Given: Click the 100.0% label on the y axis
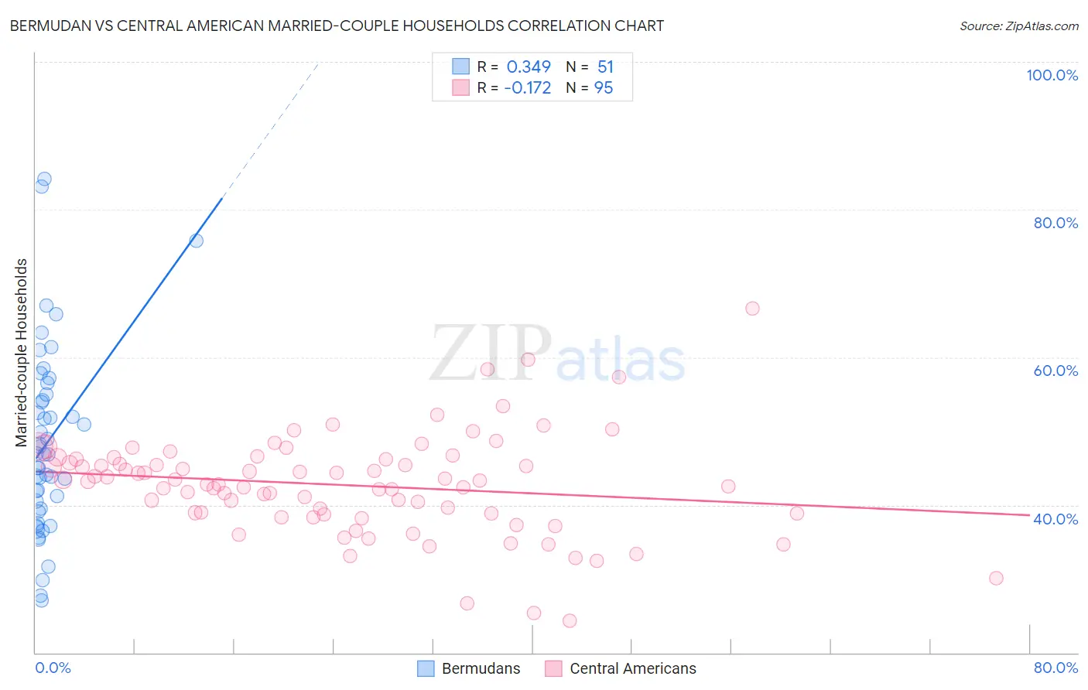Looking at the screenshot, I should [x=1052, y=75].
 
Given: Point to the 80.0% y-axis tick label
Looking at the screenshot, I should [x=1055, y=223].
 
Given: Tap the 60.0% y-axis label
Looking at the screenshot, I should [x=1055, y=371].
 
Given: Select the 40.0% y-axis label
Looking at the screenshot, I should [x=1055, y=519].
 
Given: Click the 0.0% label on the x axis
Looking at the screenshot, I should [x=53, y=668].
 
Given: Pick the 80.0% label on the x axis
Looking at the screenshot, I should [x=1055, y=668].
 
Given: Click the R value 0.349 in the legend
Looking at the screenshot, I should [x=529, y=67].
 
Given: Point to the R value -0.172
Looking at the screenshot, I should [x=527, y=88].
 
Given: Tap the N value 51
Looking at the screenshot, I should [x=605, y=67].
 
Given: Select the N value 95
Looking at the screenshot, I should [x=604, y=88].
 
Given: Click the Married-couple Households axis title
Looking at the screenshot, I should [x=22, y=353].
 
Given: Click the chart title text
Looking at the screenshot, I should [x=337, y=26].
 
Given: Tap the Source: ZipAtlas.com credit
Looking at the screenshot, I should [x=1018, y=26].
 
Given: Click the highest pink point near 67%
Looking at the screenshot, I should [x=752, y=309].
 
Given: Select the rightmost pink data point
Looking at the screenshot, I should [x=996, y=579].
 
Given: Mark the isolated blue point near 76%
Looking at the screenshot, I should [x=197, y=241].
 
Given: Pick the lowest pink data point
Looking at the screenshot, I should [x=570, y=620].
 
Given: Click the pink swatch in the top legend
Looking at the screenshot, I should [x=461, y=88].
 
